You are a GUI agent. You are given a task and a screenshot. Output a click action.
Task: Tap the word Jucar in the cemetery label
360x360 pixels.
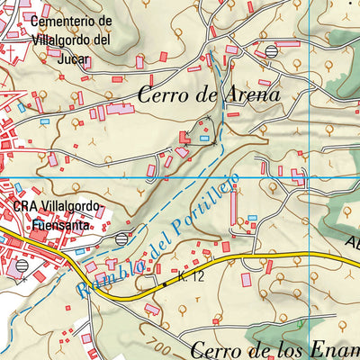[x=47, y=56]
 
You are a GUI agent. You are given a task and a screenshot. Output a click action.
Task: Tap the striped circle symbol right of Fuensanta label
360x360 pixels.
[x=122, y=238]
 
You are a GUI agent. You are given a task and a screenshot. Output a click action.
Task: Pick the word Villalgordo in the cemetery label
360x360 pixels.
[x=66, y=39]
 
